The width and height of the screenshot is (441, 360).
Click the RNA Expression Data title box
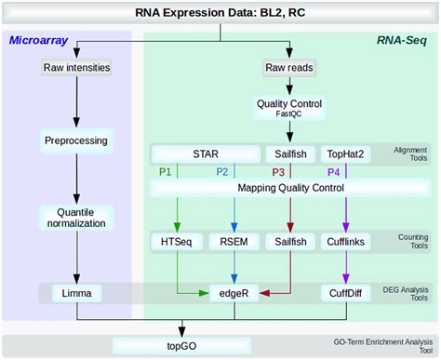point(220,13)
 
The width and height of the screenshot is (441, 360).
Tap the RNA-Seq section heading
point(402,41)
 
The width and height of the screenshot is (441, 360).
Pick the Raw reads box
point(290,67)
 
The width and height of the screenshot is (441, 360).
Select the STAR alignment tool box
point(204,153)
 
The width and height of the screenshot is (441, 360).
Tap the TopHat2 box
point(347,153)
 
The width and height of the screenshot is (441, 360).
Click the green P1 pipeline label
point(165,171)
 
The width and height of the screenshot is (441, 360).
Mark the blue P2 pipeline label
point(221,171)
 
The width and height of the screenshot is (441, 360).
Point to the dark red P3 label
point(278,171)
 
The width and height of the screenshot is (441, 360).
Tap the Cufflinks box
point(347,242)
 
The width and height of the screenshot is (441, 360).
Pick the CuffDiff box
point(347,293)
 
